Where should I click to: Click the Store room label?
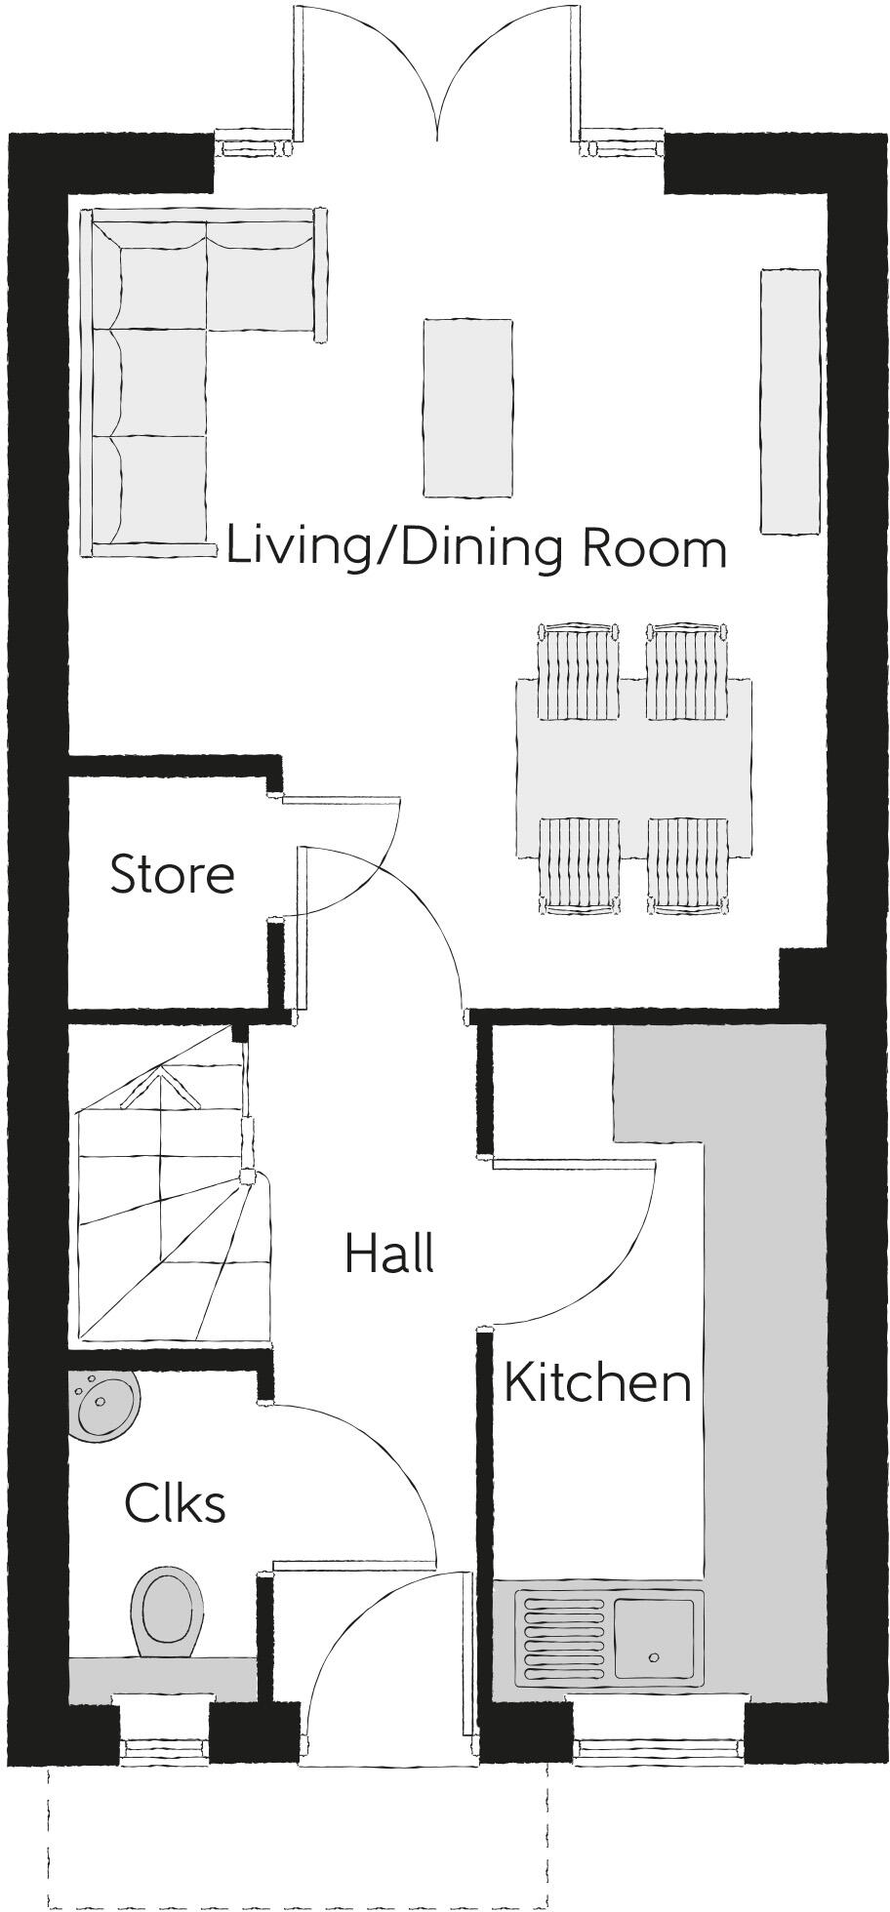(x=172, y=875)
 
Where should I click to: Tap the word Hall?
(x=388, y=1254)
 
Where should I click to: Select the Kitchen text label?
(x=597, y=1383)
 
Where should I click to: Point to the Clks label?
(x=175, y=1504)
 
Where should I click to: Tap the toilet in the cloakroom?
(x=167, y=1612)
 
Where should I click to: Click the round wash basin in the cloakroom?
(x=104, y=1405)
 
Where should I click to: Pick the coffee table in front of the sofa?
(x=467, y=408)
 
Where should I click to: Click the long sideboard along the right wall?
(x=789, y=402)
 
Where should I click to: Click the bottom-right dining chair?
(x=687, y=864)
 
